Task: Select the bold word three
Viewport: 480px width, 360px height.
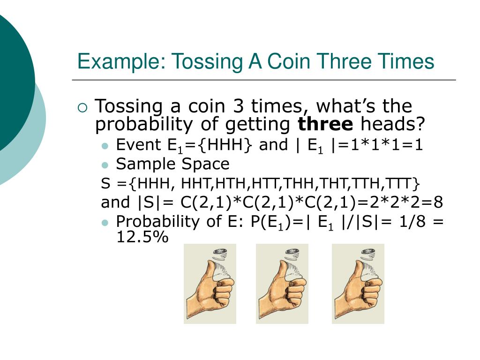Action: [x=326, y=125]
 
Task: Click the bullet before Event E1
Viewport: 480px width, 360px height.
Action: [x=105, y=146]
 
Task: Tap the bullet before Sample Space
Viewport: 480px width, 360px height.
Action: [x=105, y=165]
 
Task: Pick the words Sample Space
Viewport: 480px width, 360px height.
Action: [x=172, y=164]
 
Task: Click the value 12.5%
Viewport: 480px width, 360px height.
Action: [x=142, y=237]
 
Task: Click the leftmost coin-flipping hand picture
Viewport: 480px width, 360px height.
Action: [x=210, y=284]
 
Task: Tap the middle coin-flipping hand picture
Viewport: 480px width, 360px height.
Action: [x=282, y=284]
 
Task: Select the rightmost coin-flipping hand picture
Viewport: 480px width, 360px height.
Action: [x=358, y=284]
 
